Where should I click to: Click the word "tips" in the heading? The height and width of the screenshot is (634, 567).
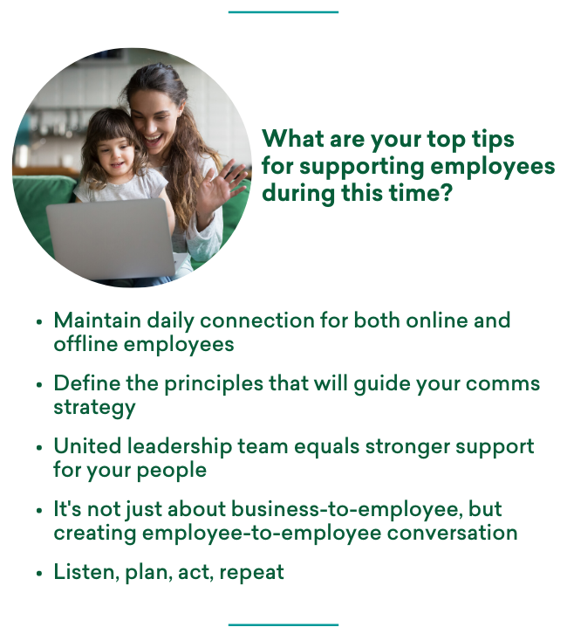[488, 140]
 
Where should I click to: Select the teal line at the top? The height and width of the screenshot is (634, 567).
[283, 12]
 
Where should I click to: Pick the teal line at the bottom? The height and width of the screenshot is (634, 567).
[283, 624]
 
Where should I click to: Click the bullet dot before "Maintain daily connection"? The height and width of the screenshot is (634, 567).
[39, 321]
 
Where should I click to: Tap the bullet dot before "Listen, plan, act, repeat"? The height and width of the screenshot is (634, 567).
[39, 574]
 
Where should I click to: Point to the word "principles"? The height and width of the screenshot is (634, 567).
[210, 383]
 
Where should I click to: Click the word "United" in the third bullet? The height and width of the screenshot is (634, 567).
[85, 446]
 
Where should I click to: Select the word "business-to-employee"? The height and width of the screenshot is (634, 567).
[313, 509]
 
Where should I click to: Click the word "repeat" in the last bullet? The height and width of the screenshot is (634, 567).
[252, 573]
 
